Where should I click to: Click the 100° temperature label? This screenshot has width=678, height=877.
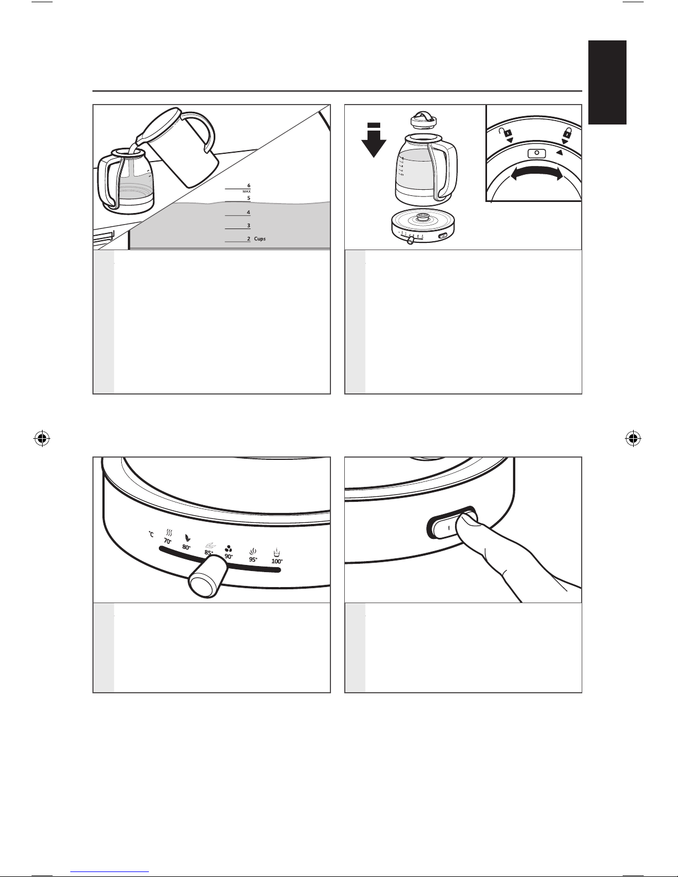pyautogui.click(x=277, y=561)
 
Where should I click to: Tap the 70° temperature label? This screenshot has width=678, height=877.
pyautogui.click(x=168, y=542)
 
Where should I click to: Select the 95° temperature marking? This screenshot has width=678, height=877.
pyautogui.click(x=253, y=559)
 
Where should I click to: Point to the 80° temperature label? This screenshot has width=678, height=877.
pyautogui.click(x=186, y=547)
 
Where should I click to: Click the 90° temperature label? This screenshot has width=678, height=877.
pyautogui.click(x=229, y=556)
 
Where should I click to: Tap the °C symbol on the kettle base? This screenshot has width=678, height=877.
pyautogui.click(x=151, y=534)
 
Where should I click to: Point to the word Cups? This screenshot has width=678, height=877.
pyautogui.click(x=260, y=238)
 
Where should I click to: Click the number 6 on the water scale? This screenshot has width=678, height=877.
pyautogui.click(x=249, y=185)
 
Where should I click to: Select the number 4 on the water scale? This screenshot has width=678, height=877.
pyautogui.click(x=249, y=212)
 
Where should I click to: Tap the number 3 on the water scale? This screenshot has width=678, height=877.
pyautogui.click(x=249, y=226)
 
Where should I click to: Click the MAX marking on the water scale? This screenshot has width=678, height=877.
pyautogui.click(x=247, y=191)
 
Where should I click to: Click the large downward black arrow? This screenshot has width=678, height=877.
pyautogui.click(x=374, y=141)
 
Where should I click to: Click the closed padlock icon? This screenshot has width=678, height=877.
pyautogui.click(x=567, y=132)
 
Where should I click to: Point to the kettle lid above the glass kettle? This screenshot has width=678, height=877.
pyautogui.click(x=422, y=120)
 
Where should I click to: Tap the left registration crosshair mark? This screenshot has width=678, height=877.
pyautogui.click(x=42, y=438)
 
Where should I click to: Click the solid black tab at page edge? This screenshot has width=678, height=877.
pyautogui.click(x=607, y=82)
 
